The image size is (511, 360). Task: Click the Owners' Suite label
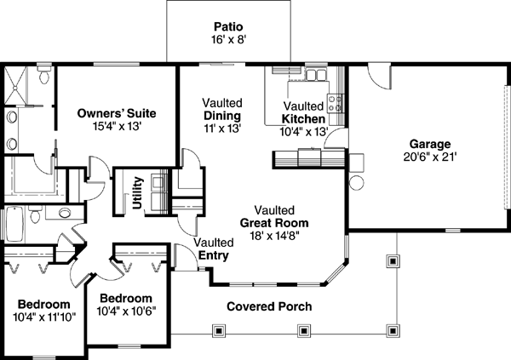coord(116,112)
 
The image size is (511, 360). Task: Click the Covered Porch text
coord(268,306)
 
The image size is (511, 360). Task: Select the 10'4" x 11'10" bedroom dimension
coord(46,317)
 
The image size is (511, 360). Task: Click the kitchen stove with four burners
coord(339,104)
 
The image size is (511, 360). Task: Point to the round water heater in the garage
coord(356,182)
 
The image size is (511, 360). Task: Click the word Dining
coord(221,116)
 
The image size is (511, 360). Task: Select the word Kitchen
coord(303,118)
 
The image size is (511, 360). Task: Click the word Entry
coord(213,254)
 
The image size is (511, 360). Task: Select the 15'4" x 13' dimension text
coord(116,125)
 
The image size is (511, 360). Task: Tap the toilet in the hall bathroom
coord(38,217)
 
